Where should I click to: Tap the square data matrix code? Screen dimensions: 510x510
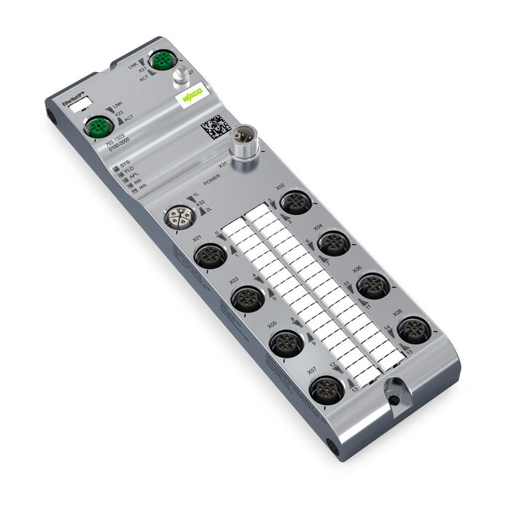(x=216, y=127)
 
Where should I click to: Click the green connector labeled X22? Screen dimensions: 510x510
(x=96, y=127)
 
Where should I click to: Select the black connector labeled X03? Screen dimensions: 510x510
(x=246, y=298)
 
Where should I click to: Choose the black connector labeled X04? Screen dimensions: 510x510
(x=334, y=243)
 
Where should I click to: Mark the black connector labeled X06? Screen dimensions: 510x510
(x=373, y=285)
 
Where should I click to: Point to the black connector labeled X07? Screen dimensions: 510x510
(x=326, y=390)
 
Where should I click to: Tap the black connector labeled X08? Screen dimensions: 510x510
(x=414, y=330)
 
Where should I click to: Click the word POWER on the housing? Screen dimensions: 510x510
(x=211, y=181)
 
